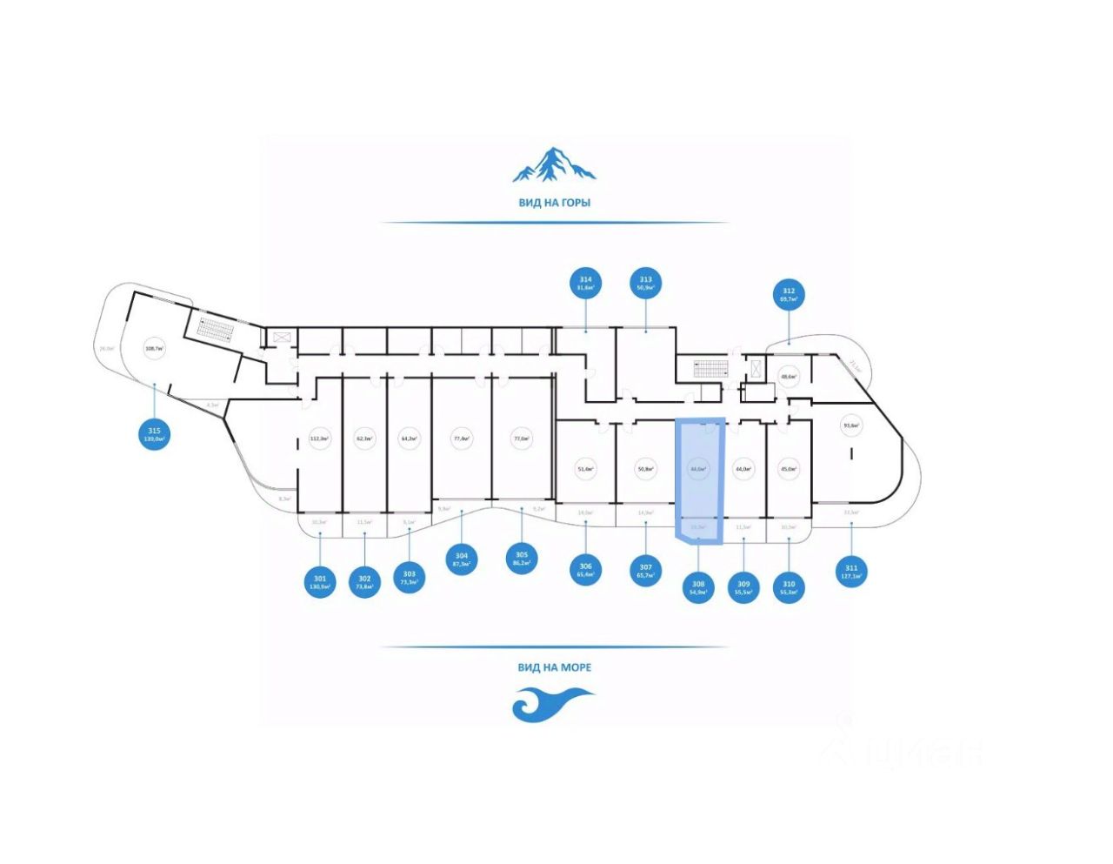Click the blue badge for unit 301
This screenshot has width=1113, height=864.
[320, 580]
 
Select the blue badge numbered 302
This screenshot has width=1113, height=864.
[364, 582]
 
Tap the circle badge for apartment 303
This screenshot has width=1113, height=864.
[410, 578]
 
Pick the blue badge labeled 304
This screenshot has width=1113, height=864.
[462, 559]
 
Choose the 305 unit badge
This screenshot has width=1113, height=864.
[521, 559]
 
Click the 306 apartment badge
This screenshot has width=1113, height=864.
[585, 570]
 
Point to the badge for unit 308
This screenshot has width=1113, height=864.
[698, 586]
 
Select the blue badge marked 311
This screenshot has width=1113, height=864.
[852, 571]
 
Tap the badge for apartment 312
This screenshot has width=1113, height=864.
[789, 295]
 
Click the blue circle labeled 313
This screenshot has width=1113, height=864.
[645, 283]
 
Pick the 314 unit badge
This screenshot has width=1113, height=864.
[586, 283]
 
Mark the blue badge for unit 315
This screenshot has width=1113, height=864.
[154, 434]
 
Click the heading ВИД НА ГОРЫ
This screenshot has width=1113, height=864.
[554, 203]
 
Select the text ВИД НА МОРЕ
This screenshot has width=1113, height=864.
[554, 667]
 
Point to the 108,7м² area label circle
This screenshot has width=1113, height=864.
[154, 351]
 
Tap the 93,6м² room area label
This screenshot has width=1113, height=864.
[851, 426]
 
